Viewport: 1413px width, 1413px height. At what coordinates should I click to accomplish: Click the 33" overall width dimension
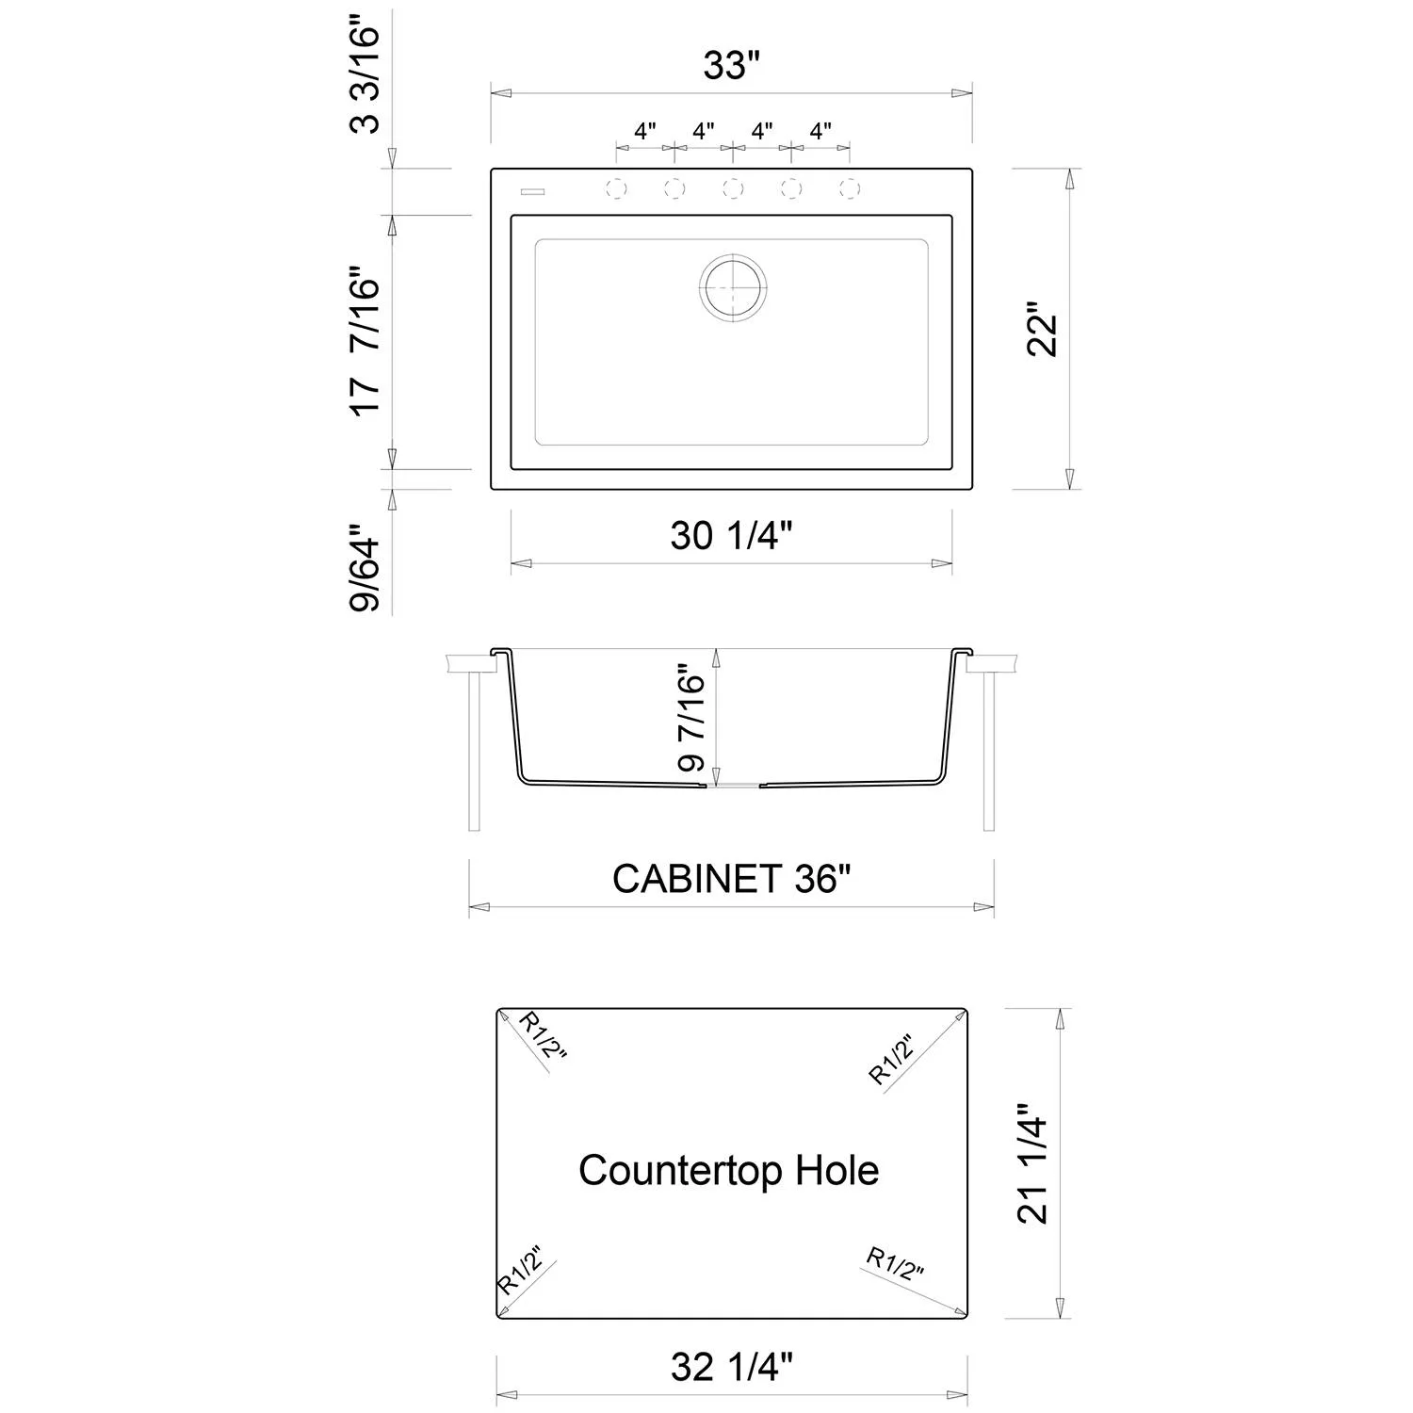click(x=731, y=66)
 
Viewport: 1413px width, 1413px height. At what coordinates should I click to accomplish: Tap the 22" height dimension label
click(x=1043, y=329)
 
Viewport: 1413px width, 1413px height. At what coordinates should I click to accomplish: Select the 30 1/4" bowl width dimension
click(x=731, y=536)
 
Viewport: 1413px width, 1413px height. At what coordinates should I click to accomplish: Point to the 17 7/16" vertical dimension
click(x=365, y=345)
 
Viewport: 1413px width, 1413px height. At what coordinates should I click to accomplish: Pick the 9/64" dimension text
click(x=365, y=574)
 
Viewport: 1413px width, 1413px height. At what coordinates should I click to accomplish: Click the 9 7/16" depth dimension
click(x=692, y=721)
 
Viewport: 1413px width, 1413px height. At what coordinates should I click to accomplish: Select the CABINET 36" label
click(x=731, y=879)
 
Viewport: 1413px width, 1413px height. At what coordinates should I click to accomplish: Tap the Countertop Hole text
click(x=728, y=1171)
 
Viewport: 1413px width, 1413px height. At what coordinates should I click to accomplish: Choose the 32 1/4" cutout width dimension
click(x=731, y=1366)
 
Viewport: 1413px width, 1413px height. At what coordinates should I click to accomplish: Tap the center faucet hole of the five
click(x=732, y=188)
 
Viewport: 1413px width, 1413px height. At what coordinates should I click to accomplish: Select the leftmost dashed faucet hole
click(x=615, y=188)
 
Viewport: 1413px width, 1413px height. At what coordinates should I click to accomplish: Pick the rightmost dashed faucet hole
click(x=850, y=188)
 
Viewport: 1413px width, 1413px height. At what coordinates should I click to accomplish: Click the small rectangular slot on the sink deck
click(x=532, y=192)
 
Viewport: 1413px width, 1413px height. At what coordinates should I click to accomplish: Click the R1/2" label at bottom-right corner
click(x=894, y=1264)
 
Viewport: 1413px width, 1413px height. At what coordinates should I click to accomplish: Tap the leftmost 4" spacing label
click(x=644, y=131)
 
